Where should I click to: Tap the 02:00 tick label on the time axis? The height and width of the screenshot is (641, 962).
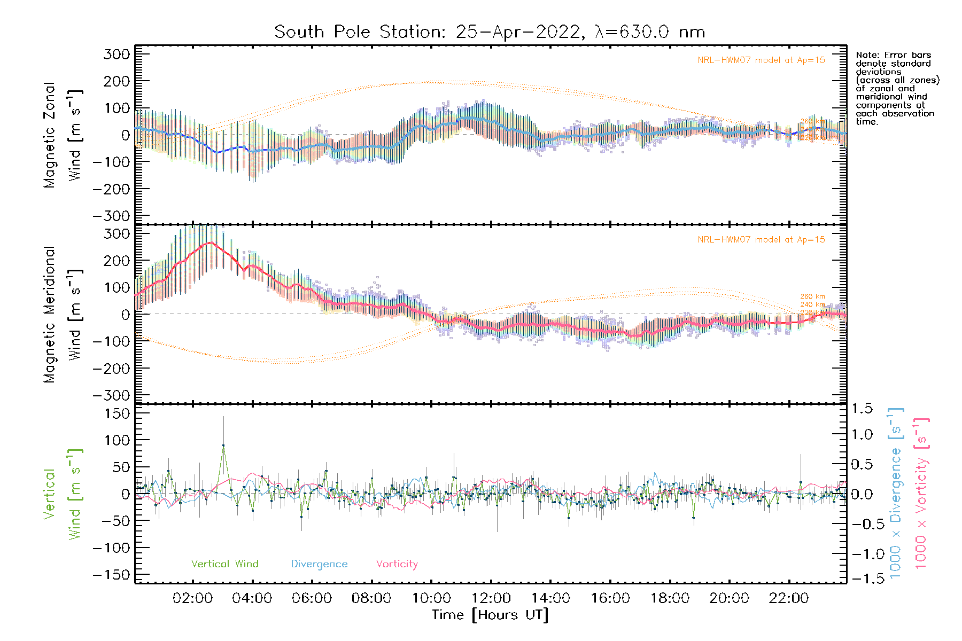pyautogui.click(x=192, y=598)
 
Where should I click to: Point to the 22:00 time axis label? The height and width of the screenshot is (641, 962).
pyautogui.click(x=789, y=598)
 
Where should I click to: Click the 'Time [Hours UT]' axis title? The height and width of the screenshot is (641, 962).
pyautogui.click(x=490, y=615)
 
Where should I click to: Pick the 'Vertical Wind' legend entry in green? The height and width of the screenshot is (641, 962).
pyautogui.click(x=224, y=564)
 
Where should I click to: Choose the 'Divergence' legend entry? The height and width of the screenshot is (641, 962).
pyautogui.click(x=319, y=564)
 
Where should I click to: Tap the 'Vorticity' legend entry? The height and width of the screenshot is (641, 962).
pyautogui.click(x=397, y=564)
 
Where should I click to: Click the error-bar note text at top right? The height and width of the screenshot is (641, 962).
pyautogui.click(x=897, y=88)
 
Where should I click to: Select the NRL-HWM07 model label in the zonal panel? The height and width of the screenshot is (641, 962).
pyautogui.click(x=761, y=60)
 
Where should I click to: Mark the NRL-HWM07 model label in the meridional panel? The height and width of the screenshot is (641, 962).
pyautogui.click(x=761, y=240)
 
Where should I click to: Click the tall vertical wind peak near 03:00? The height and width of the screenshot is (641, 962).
pyautogui.click(x=223, y=445)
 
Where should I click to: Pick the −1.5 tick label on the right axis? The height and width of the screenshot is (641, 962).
pyautogui.click(x=862, y=579)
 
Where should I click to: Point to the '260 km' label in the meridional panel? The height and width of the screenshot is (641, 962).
pyautogui.click(x=812, y=296)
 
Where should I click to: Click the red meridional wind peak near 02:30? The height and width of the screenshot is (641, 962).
pyautogui.click(x=211, y=243)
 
